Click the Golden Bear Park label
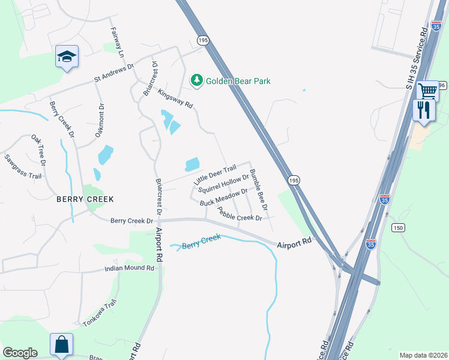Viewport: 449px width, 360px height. point(238,81)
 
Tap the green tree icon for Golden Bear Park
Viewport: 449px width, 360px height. point(196,80)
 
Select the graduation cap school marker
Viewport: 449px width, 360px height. point(67,57)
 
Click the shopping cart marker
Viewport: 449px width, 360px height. point(427,91)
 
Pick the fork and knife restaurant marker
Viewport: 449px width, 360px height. point(424,110)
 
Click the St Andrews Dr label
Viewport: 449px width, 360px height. point(113,74)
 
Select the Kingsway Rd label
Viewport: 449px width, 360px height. point(175,98)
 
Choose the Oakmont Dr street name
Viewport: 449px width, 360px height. point(100,120)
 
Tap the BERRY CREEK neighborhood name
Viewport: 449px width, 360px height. point(85,199)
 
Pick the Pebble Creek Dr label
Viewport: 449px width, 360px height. point(240,213)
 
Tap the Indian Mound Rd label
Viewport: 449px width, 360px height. point(129,269)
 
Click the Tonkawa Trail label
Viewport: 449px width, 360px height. point(98,313)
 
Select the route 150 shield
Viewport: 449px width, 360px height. point(397,227)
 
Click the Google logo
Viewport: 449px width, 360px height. point(20,353)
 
